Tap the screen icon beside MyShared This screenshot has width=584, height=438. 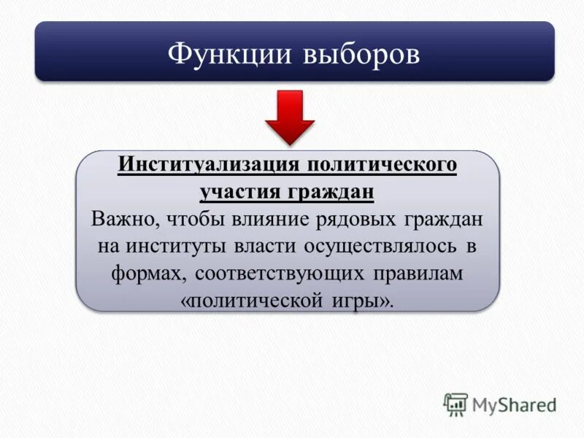coord(455,404)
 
